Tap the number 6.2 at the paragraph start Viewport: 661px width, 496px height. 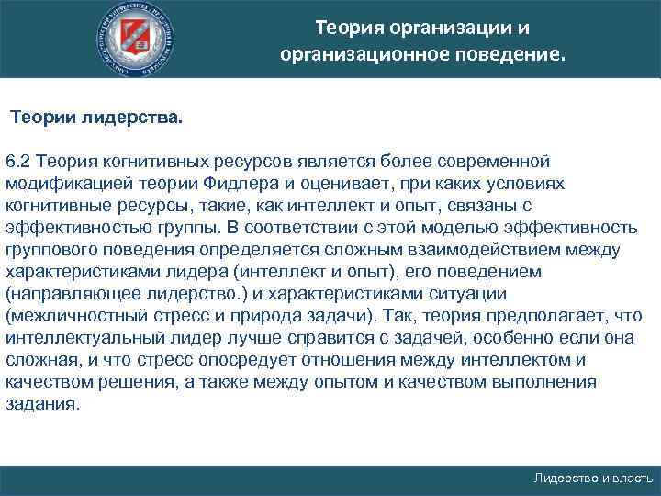point(19,162)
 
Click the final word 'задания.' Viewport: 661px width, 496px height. point(42,405)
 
